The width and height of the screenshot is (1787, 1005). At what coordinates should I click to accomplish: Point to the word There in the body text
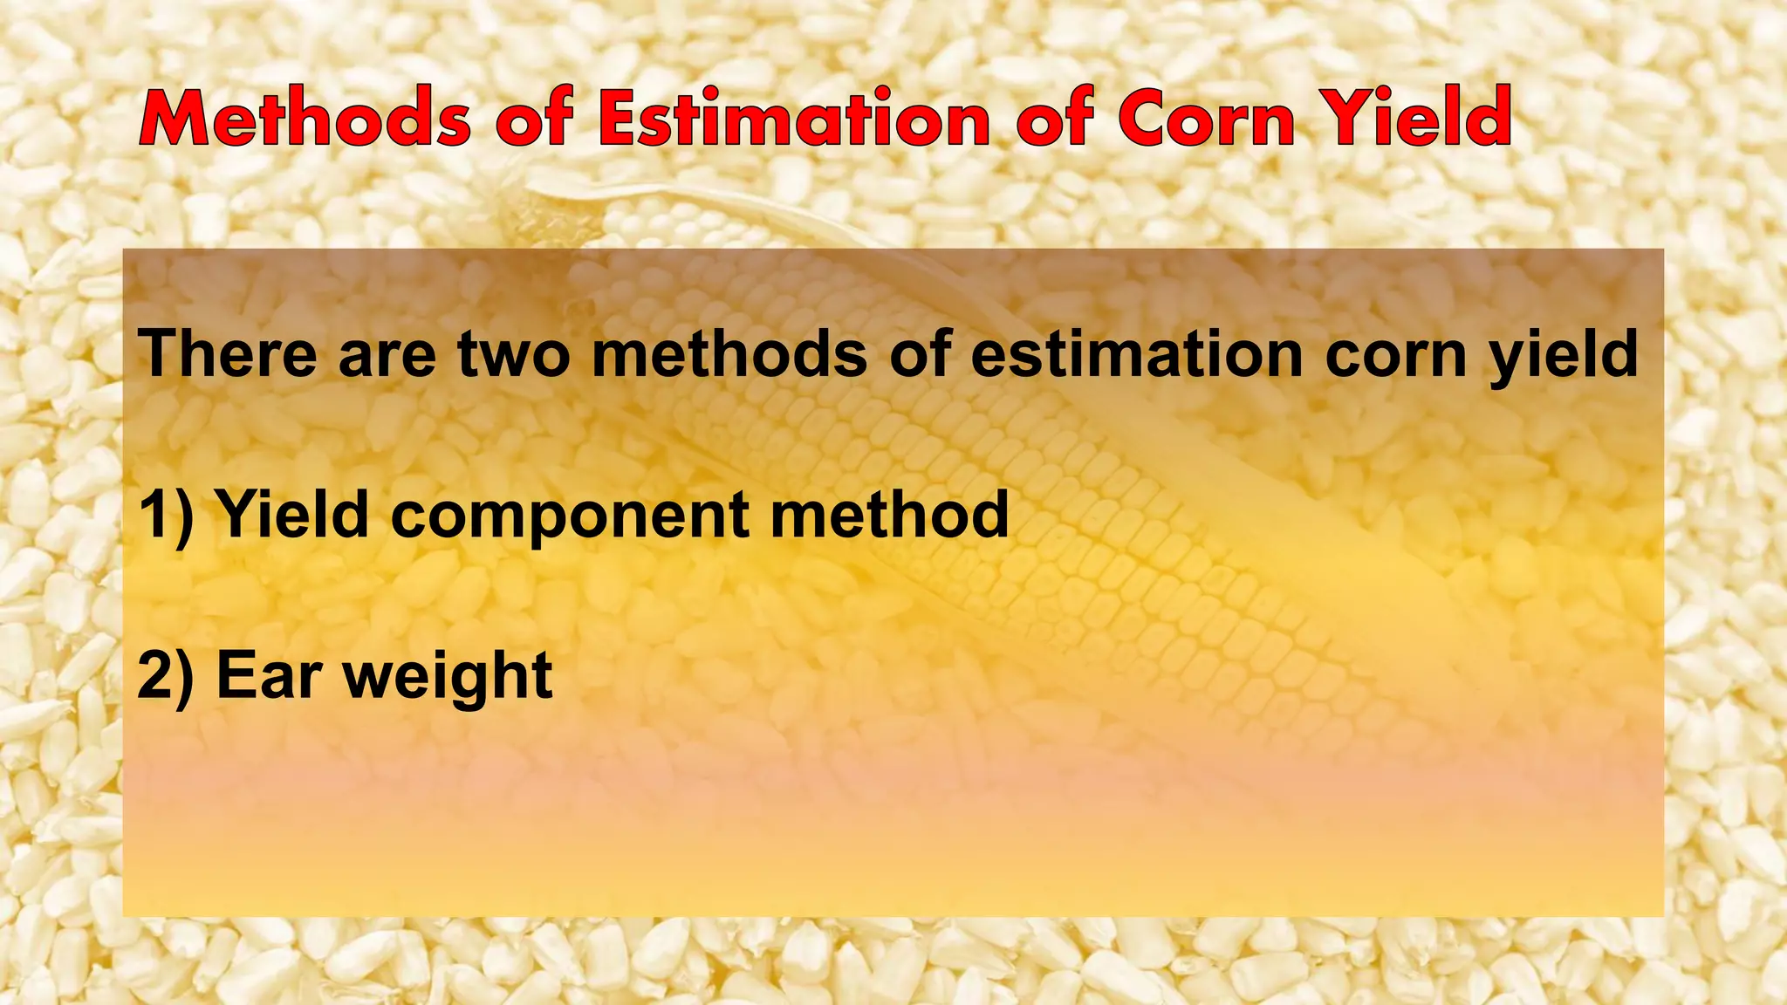[x=228, y=353]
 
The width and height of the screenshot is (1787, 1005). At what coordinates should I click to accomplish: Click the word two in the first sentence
[x=514, y=353]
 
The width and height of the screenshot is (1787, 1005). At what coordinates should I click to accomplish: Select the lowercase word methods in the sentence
[x=729, y=353]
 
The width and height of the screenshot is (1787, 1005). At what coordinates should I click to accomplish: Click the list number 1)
[x=166, y=515]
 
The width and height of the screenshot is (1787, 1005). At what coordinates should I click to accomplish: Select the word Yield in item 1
[x=293, y=515]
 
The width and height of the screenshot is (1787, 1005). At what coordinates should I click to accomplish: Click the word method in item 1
[x=889, y=515]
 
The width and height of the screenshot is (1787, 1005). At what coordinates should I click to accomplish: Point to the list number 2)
[x=166, y=676]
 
